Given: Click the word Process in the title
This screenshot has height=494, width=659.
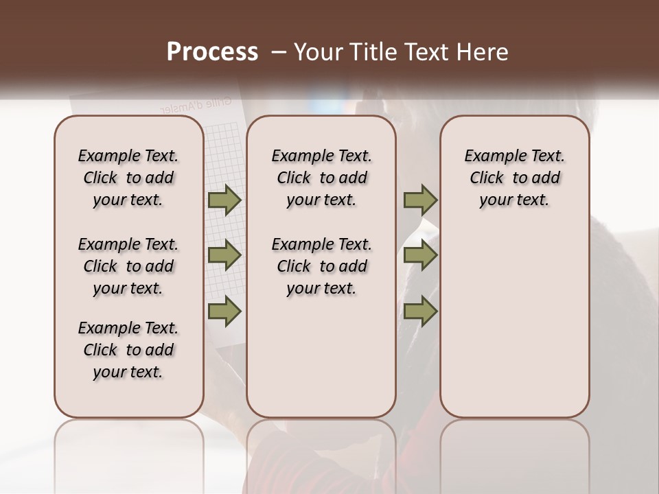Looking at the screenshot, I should pos(212,52).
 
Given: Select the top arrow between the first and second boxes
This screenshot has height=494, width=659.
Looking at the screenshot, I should pos(224,200).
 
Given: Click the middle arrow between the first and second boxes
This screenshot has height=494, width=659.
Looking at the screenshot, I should pos(224,255).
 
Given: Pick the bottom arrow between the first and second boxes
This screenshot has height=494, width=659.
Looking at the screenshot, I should pos(224,311).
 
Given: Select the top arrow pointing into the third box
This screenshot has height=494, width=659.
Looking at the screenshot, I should pos(420,200).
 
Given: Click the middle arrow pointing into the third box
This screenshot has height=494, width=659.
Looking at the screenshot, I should pos(420,255).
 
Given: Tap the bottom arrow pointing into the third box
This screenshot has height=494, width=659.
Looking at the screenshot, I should pos(420,311).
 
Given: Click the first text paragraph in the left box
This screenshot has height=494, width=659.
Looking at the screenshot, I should pos(128,178).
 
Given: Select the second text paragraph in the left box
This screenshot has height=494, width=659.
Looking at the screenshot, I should pos(128,266).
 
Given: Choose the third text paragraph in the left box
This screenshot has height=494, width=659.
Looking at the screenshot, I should pos(128,350).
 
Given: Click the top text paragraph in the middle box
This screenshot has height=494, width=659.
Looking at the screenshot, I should pos(321,178).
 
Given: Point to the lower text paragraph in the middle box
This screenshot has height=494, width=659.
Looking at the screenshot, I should pos(321,266).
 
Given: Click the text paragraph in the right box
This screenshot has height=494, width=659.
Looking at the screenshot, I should pos(515,178).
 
